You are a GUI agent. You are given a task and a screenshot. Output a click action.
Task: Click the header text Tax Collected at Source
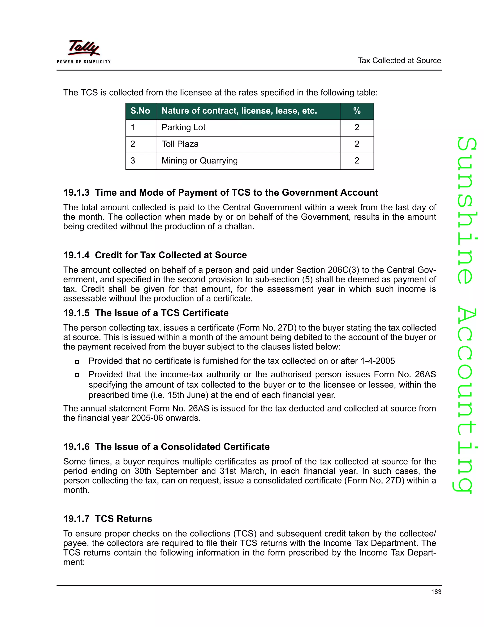pos(399,61)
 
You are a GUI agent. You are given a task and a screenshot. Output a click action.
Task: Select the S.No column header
pos(140,111)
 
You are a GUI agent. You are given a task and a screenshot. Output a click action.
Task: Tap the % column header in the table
pos(357,111)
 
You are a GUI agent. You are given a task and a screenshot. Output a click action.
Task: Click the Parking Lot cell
pos(183,128)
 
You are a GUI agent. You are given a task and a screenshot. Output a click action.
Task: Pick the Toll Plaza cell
pos(180,144)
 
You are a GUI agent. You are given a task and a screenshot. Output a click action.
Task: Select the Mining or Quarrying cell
pos(199,161)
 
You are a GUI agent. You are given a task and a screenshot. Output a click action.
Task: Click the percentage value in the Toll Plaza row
pos(357,144)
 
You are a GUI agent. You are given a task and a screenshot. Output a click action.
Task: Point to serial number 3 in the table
pos(133,161)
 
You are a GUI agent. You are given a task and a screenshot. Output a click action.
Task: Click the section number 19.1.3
pos(76,193)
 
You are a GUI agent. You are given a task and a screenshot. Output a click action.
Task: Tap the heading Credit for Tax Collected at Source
pos(171,255)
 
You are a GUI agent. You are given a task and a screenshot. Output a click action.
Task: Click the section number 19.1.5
pos(76,313)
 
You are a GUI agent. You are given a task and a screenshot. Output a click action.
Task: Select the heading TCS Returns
pos(123,519)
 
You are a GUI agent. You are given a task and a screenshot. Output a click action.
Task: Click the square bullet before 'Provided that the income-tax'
pos(77,375)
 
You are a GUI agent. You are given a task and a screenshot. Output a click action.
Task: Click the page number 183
pos(436,592)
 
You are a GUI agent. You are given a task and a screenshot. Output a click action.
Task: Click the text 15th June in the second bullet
pos(188,395)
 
